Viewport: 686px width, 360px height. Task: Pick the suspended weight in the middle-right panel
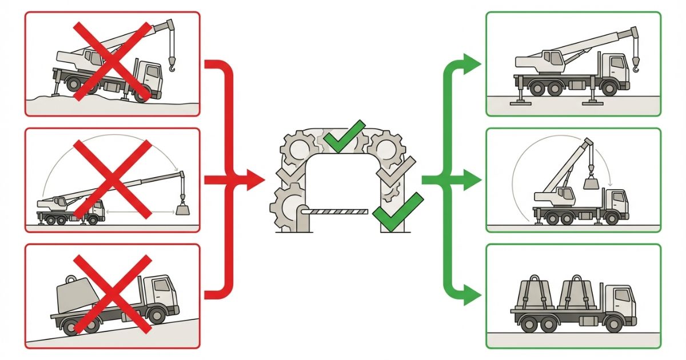591,183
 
